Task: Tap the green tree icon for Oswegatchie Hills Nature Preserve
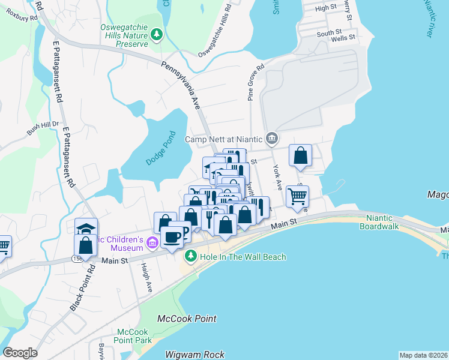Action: [x=157, y=35]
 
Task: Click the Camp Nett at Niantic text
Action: [x=223, y=139]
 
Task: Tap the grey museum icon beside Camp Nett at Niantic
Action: [x=271, y=139]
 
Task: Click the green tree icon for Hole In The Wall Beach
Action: [x=190, y=257]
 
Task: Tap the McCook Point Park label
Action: [x=133, y=336]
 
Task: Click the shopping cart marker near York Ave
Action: [x=297, y=196]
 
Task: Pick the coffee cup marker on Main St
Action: [x=172, y=238]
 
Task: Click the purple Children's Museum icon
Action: [x=152, y=242]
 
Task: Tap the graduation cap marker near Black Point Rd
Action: [x=86, y=229]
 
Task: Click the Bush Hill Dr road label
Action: [x=41, y=128]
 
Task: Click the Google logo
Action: [x=20, y=353]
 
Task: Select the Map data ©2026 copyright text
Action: [x=423, y=355]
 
